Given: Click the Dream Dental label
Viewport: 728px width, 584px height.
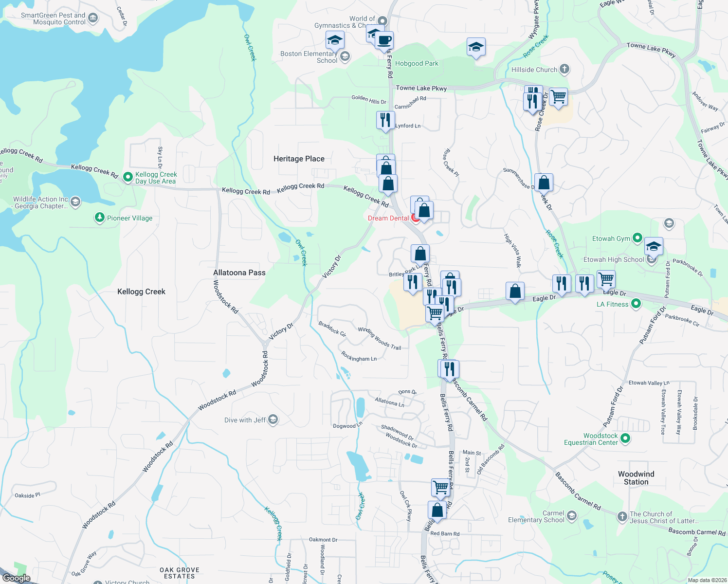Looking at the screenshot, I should pos(388,218).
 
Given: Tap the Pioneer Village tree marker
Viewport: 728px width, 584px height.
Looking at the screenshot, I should pos(100,218).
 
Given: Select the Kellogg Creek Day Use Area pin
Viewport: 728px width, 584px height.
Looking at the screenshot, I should pos(128,177).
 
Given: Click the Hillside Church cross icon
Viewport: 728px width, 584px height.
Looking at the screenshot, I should pos(564,69).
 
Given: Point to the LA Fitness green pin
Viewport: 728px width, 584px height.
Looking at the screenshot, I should pos(636,304).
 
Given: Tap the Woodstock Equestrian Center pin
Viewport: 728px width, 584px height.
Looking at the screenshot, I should pos(626,438).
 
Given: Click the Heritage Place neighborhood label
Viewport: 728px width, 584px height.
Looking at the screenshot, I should pos(299,159).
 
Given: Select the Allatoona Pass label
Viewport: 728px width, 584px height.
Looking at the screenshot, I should pos(239,273).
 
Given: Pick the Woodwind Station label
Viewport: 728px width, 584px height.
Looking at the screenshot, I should pos(636,478).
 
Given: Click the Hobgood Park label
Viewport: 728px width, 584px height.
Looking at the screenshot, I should pos(417,63).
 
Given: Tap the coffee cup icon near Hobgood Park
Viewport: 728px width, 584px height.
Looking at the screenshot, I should pos(384,40).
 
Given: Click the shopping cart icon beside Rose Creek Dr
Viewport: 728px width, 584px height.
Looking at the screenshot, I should pos(558,96).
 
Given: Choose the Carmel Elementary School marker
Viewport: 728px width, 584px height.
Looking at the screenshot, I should pos(572,515).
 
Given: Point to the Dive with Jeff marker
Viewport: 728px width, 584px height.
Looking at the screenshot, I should pos(273,420).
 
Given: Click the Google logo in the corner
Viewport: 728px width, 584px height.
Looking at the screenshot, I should pos(16,578).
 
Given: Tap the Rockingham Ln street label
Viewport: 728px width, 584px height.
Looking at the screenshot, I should pos(359,357).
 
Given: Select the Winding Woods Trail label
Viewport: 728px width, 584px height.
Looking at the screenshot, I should pos(380,338).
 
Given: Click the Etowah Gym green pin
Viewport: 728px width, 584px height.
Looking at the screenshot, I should pos(637,238).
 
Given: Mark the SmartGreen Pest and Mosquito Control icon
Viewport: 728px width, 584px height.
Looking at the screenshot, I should pos(93,18).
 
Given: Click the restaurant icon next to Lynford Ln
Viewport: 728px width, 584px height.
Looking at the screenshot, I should pos(385,120).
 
